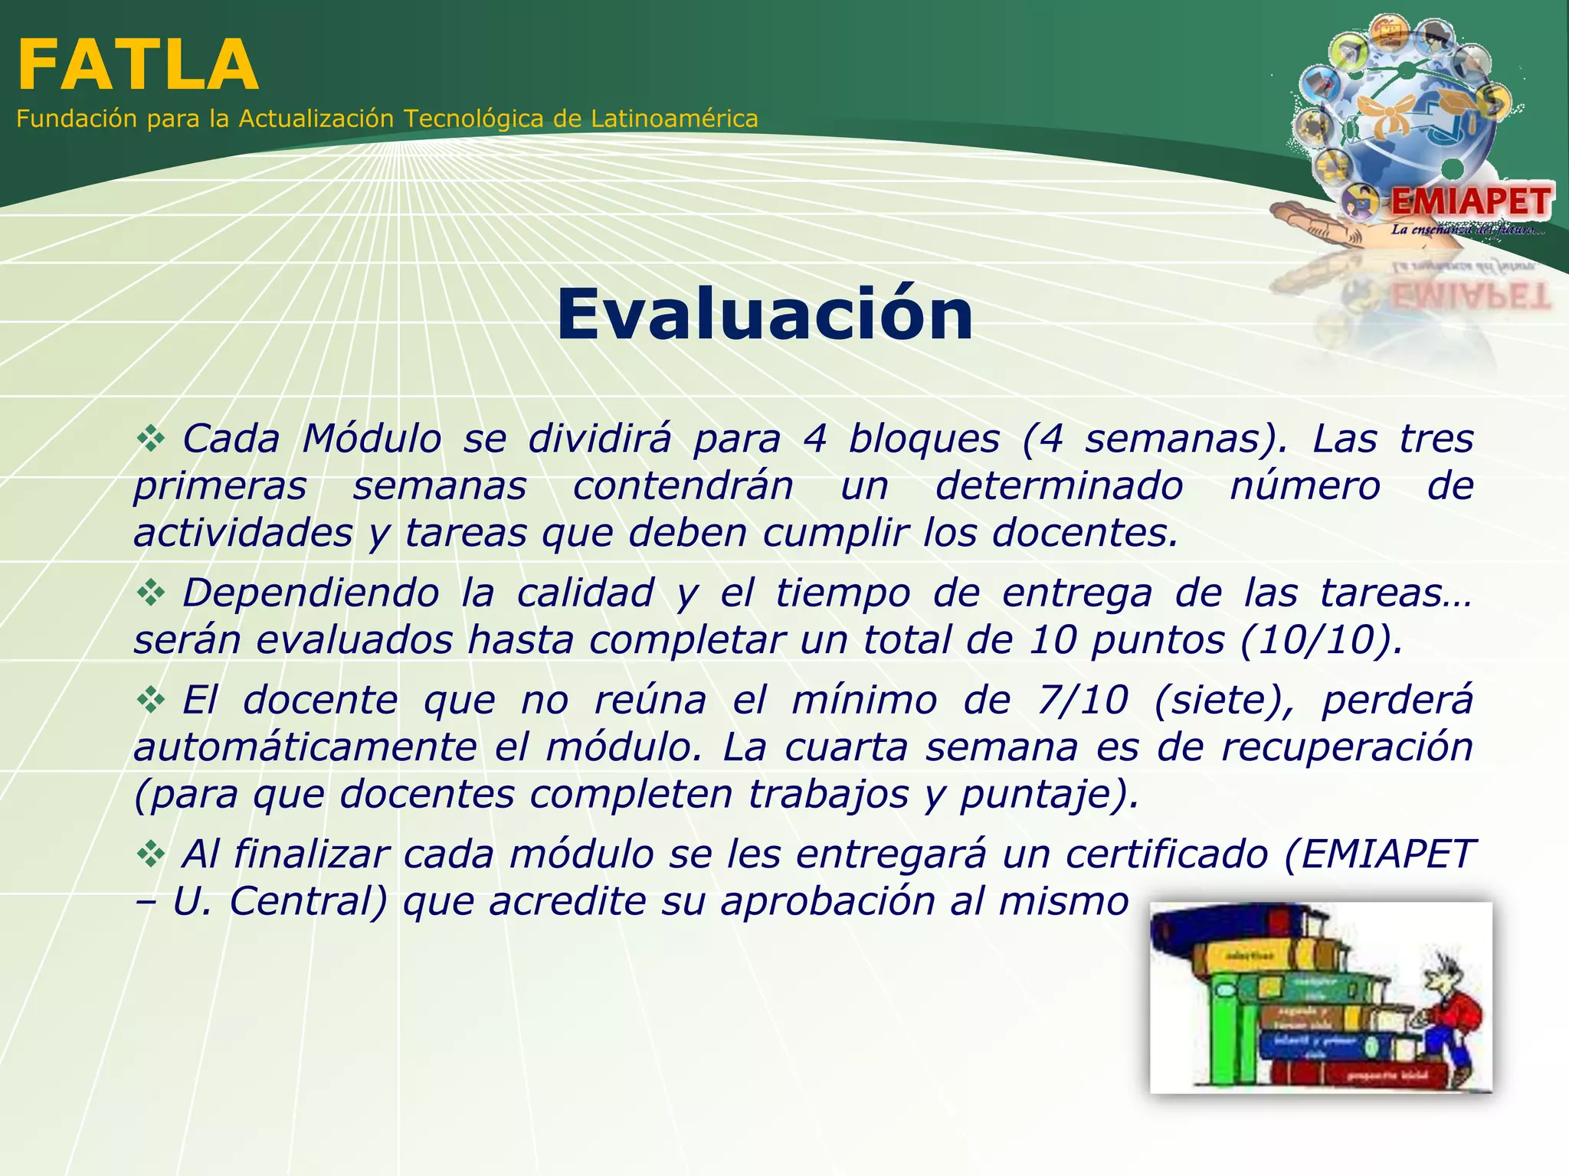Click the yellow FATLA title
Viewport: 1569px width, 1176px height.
pyautogui.click(x=138, y=66)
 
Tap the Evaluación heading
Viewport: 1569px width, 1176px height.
pyautogui.click(x=765, y=315)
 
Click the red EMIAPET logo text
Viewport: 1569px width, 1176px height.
pyautogui.click(x=1471, y=201)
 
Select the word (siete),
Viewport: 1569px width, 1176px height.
pyautogui.click(x=1224, y=700)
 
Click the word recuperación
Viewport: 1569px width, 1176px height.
pyautogui.click(x=1346, y=747)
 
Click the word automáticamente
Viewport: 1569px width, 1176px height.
pyautogui.click(x=305, y=747)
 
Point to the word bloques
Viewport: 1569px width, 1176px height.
pyautogui.click(x=923, y=439)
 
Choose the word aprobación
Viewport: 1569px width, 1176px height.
pyautogui.click(x=827, y=901)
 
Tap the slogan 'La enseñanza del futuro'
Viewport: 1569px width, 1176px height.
pyautogui.click(x=1467, y=230)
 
